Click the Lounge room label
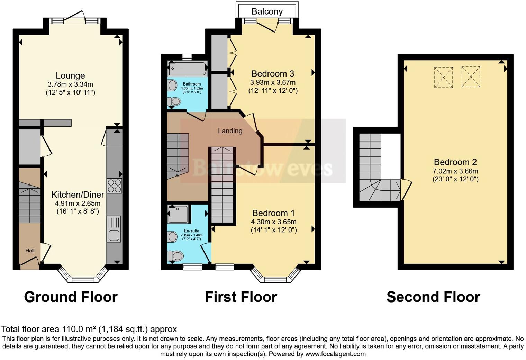click(x=70, y=75)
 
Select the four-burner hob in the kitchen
click(x=114, y=186)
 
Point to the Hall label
click(x=30, y=250)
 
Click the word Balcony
click(x=267, y=11)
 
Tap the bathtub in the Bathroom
click(x=187, y=69)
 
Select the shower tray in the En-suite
click(x=178, y=214)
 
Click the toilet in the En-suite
click(x=175, y=256)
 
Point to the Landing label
click(x=230, y=131)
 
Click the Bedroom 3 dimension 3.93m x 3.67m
click(x=273, y=82)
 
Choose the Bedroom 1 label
click(x=273, y=213)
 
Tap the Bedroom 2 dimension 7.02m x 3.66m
click(x=455, y=171)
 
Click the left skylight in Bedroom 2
click(x=443, y=77)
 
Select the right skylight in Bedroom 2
click(x=471, y=76)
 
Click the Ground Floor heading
click(x=71, y=297)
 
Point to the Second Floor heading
click(x=433, y=297)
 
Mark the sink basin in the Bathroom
click(x=172, y=85)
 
